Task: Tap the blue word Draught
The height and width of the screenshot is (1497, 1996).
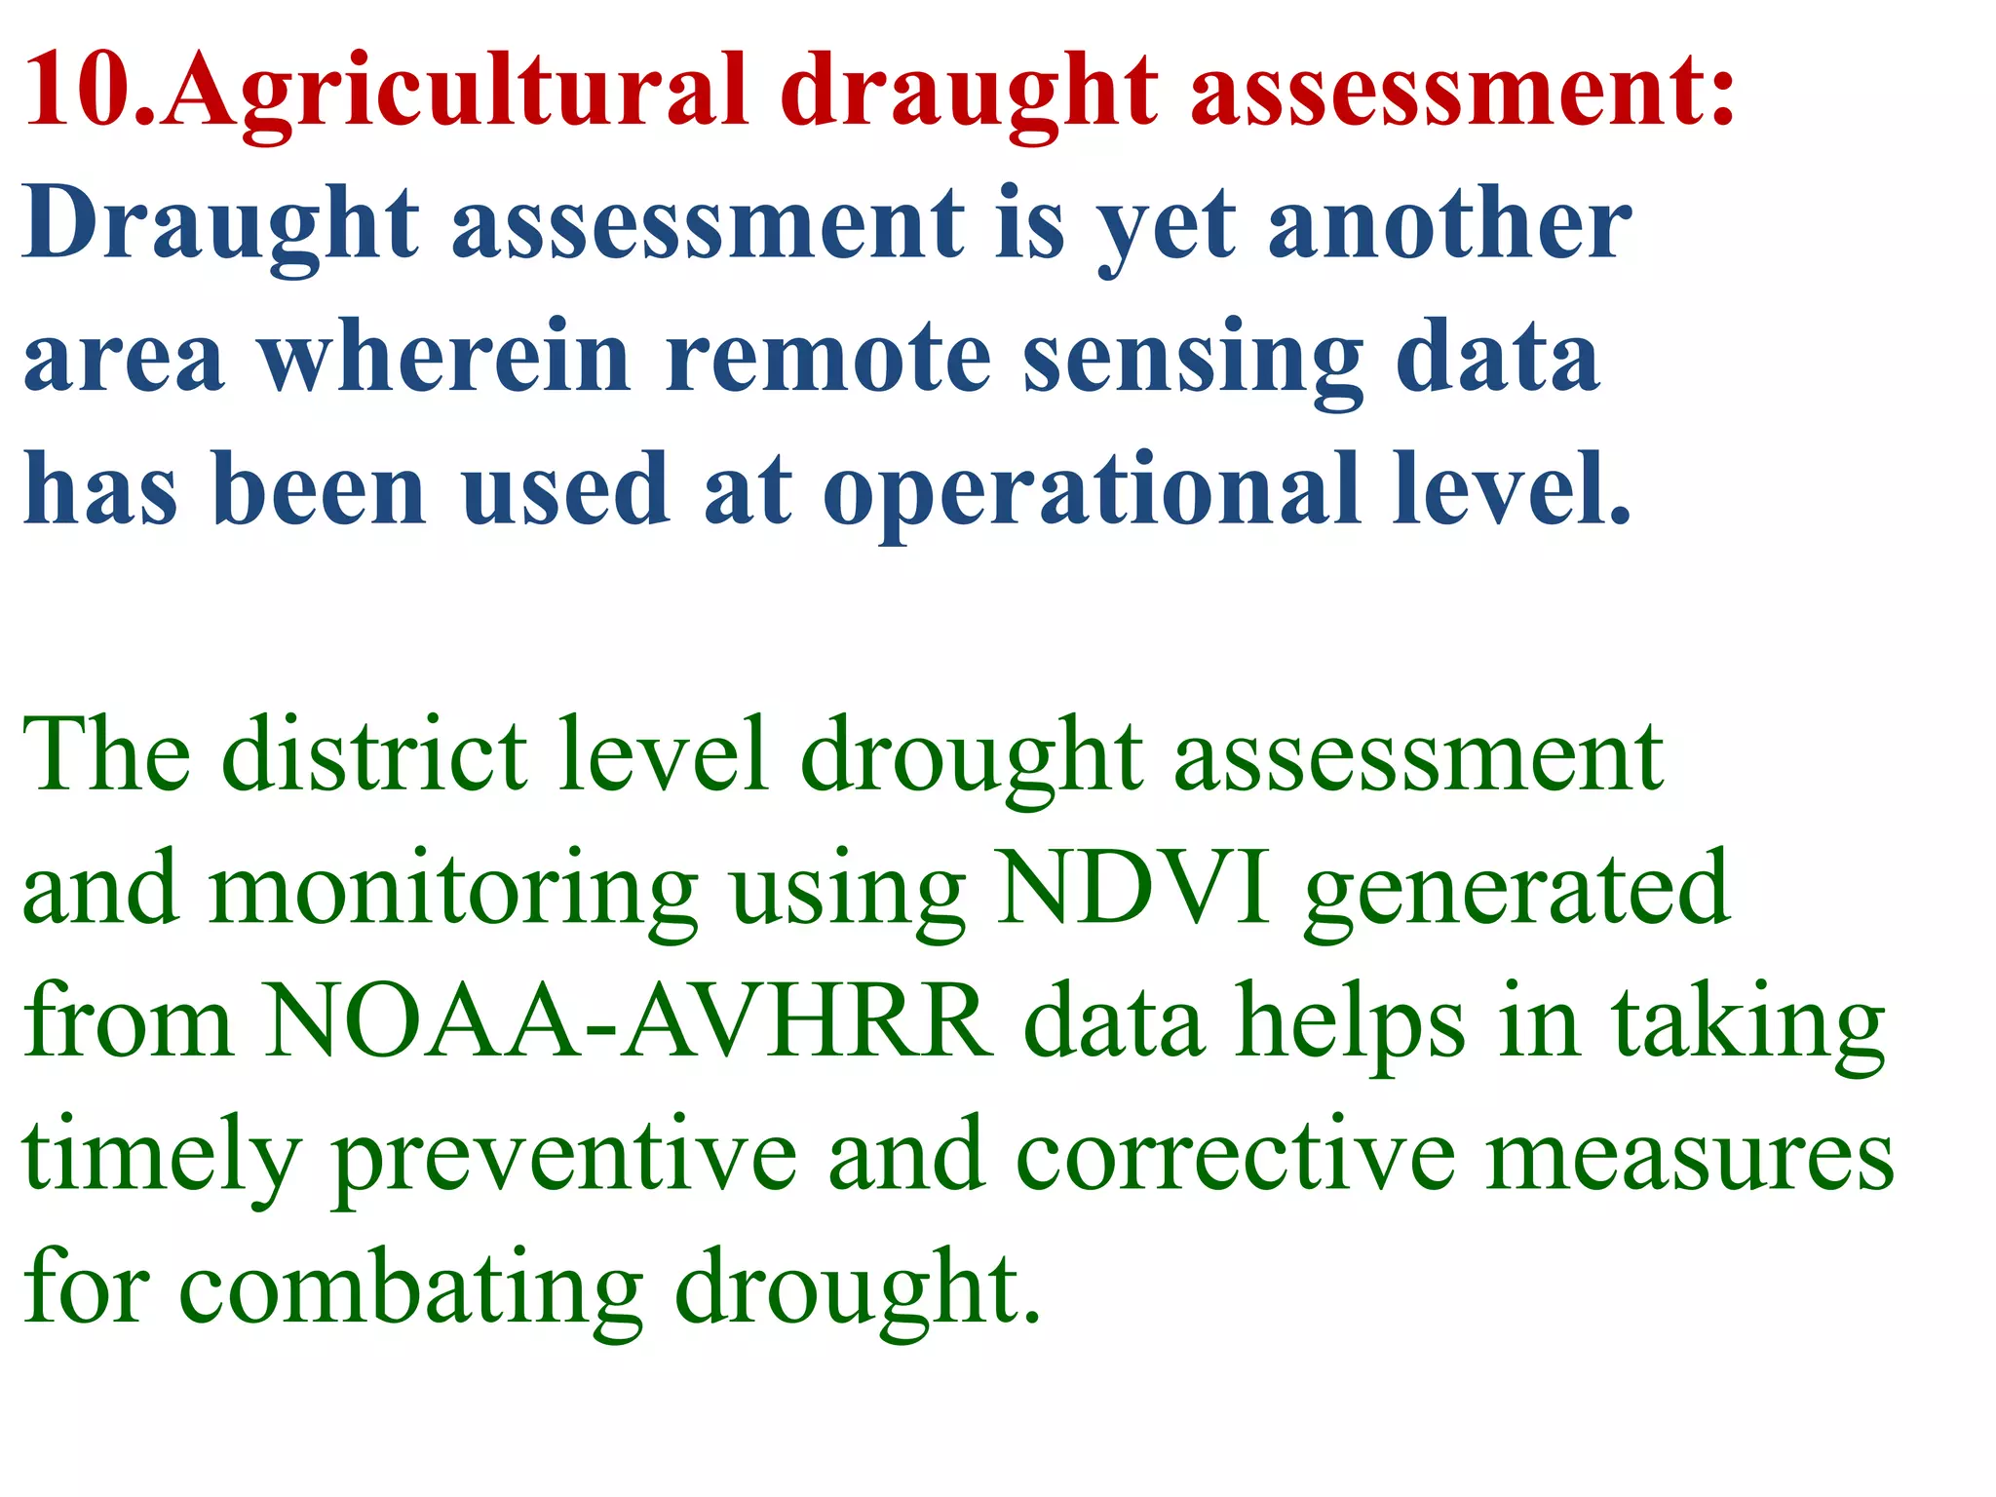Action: pos(220,227)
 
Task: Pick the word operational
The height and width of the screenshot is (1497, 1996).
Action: pos(1091,493)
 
